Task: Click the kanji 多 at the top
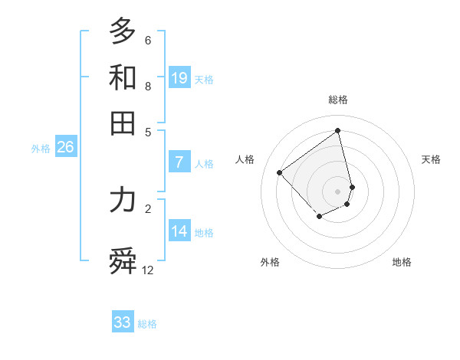[x=123, y=31]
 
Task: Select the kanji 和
[x=123, y=77]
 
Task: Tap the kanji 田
[x=123, y=123]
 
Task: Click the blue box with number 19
[x=179, y=77]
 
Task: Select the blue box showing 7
[x=179, y=162]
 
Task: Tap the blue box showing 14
[x=179, y=231]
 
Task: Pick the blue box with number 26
[x=65, y=147]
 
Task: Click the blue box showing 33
[x=123, y=322]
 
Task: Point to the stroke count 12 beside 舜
[x=148, y=270]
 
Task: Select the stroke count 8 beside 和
[x=148, y=87]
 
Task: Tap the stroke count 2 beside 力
[x=148, y=208]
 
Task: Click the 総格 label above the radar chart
[x=338, y=100]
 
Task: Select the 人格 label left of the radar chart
[x=245, y=159]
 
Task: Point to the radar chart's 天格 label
[x=431, y=159]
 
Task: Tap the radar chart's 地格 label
[x=402, y=263]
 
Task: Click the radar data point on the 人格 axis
[x=280, y=172]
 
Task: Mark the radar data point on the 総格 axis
[x=338, y=130]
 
